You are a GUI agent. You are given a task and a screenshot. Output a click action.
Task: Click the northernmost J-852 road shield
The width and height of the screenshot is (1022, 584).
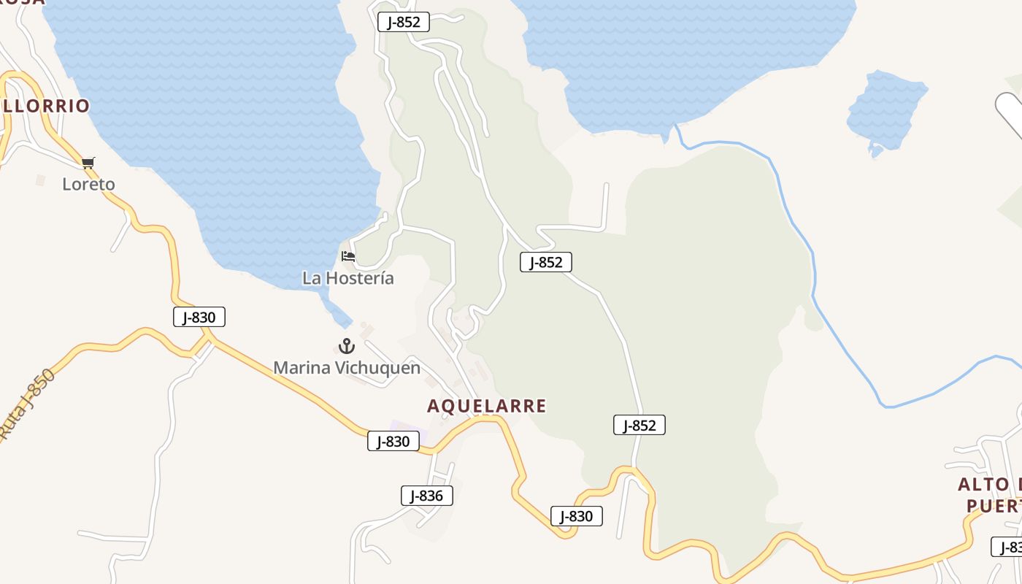pos(403,22)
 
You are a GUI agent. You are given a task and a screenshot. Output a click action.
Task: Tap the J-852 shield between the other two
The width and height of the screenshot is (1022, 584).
pos(545,262)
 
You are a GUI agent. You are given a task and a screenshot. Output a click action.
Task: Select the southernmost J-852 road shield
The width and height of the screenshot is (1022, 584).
pos(639,425)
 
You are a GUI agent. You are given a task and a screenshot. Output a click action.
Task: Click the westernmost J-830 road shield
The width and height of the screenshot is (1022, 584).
pos(199,317)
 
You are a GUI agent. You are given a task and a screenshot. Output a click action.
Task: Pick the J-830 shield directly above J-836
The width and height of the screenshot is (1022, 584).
pos(393,441)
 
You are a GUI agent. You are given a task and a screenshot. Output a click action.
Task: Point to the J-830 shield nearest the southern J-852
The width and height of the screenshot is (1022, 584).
pos(576,516)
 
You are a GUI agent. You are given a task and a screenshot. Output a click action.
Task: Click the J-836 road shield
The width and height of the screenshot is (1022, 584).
pos(427,496)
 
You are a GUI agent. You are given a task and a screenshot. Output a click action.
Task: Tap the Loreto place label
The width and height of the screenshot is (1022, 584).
pos(88,184)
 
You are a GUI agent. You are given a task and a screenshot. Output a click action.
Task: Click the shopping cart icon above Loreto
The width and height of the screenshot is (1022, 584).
pos(88,162)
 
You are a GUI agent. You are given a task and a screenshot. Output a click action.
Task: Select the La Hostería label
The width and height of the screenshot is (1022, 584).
pos(348,278)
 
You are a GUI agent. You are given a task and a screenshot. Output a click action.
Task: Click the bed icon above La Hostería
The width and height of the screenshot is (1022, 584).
pos(348,256)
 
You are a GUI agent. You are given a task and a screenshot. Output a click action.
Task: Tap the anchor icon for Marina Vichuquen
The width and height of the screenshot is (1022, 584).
pos(347,346)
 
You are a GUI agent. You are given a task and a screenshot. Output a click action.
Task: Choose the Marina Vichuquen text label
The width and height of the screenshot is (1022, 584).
pos(347,367)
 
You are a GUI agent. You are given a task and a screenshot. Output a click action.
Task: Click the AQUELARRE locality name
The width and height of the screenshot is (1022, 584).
pos(487,406)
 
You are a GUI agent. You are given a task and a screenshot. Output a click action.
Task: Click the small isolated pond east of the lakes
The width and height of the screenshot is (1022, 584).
pos(885,109)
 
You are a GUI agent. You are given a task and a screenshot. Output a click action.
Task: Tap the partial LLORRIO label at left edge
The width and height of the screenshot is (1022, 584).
pos(45,106)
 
